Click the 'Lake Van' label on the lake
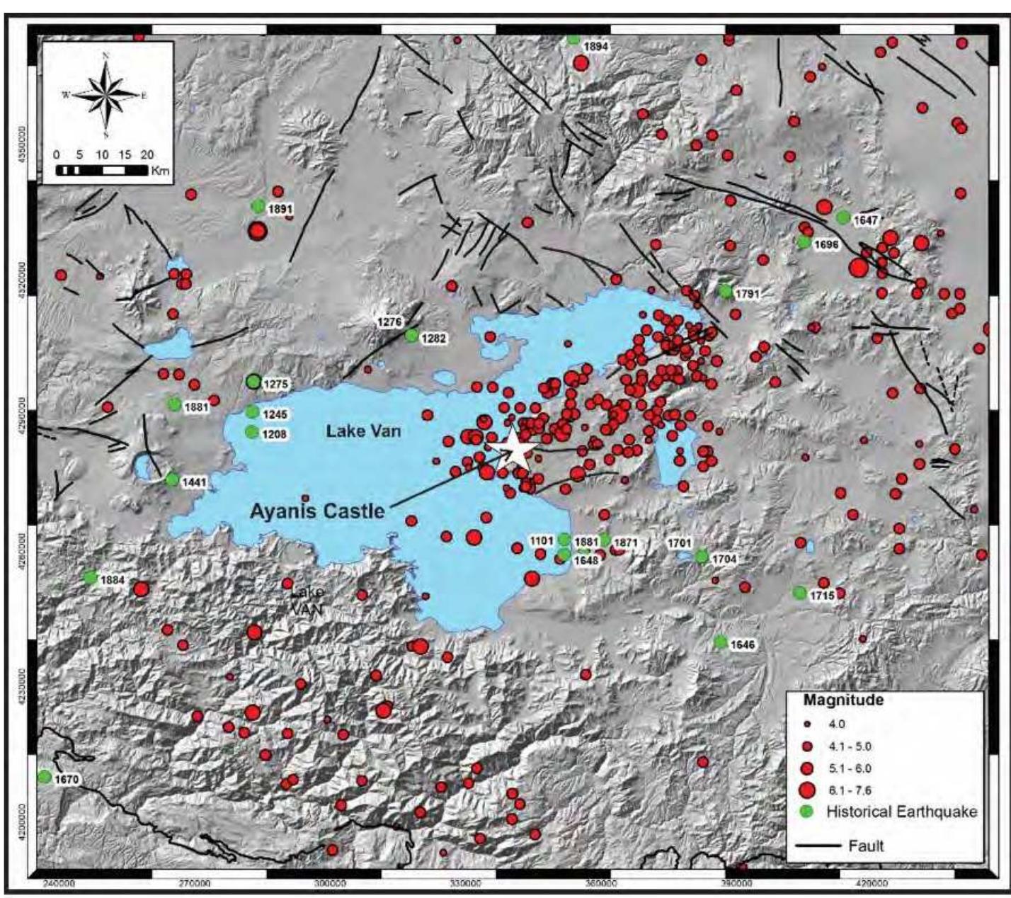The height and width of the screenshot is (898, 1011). pos(363,431)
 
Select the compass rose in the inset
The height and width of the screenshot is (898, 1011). pos(105,95)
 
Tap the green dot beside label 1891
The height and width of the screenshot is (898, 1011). pos(258,206)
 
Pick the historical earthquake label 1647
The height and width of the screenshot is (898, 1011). pos(865,220)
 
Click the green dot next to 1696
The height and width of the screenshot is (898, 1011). pos(804,242)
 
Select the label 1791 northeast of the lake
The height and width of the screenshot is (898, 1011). pos(747,292)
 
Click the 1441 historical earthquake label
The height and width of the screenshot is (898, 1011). pos(194,482)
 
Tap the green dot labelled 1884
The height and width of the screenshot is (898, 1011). pos(90,576)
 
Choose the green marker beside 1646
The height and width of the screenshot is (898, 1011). pos(721,642)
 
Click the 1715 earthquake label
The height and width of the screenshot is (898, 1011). pos(822,596)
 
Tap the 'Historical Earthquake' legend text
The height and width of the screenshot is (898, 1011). pos(901,812)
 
